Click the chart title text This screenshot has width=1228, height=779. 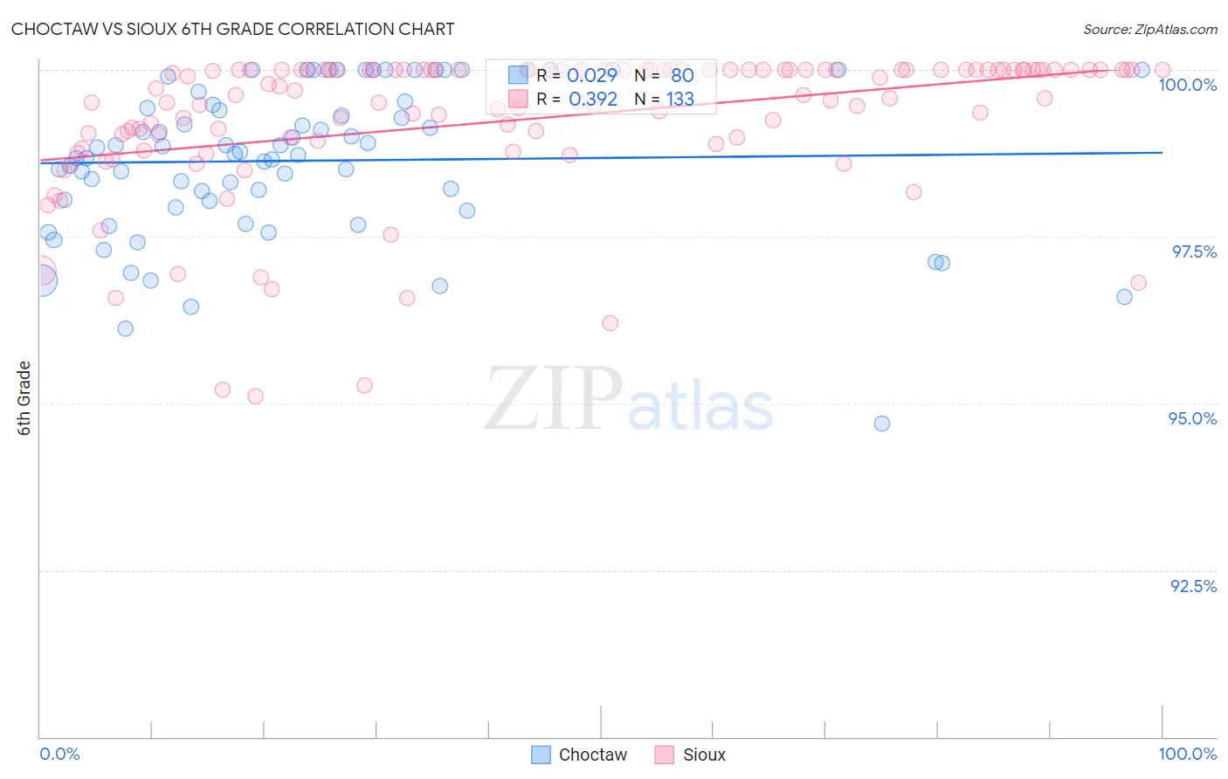pyautogui.click(x=232, y=29)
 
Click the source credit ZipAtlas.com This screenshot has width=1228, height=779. pyautogui.click(x=1149, y=30)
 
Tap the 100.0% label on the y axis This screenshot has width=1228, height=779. pyautogui.click(x=1187, y=85)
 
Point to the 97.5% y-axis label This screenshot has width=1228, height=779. pyautogui.click(x=1193, y=252)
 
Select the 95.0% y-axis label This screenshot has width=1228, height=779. pyautogui.click(x=1192, y=418)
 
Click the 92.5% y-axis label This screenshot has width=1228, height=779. pyautogui.click(x=1193, y=586)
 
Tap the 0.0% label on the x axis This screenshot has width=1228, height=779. pyautogui.click(x=59, y=754)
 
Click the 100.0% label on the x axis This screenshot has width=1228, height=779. pyautogui.click(x=1187, y=754)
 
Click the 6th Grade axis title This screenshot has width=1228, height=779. pyautogui.click(x=24, y=398)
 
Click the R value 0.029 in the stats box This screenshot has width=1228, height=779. pyautogui.click(x=592, y=76)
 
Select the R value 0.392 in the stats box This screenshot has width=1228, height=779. pyautogui.click(x=592, y=100)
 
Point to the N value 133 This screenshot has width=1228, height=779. pyautogui.click(x=680, y=100)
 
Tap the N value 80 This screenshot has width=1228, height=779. pyautogui.click(x=682, y=76)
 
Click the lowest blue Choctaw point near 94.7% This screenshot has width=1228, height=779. pyautogui.click(x=882, y=424)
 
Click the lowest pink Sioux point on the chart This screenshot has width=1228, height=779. pyautogui.click(x=255, y=396)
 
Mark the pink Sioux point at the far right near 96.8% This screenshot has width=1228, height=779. pyautogui.click(x=1138, y=283)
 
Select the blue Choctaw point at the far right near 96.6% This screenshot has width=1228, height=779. pyautogui.click(x=1124, y=297)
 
